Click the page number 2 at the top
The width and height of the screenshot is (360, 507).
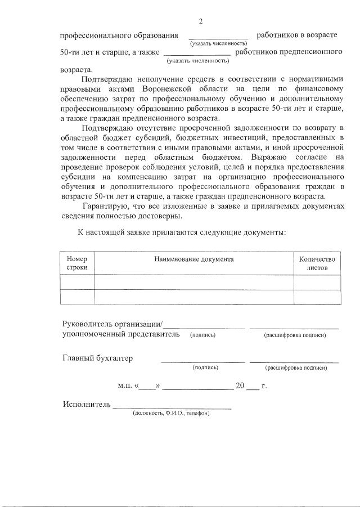[201, 21]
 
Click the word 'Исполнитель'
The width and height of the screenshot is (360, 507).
[87, 405]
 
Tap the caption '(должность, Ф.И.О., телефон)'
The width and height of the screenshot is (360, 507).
[171, 413]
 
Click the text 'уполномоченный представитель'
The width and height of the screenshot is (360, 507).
[121, 334]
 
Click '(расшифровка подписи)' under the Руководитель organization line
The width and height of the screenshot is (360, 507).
[295, 335]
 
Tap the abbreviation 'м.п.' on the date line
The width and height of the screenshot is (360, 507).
[124, 386]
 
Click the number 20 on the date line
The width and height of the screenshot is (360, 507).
[240, 386]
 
